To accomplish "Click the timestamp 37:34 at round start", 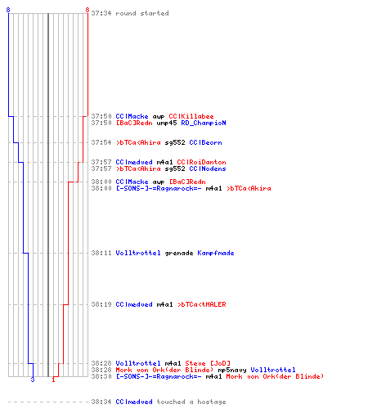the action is tap(101, 13).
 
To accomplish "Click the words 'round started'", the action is tap(142, 13).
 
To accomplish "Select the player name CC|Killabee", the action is tap(191, 116).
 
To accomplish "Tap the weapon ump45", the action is tap(167, 124).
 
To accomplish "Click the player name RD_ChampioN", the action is tap(204, 123).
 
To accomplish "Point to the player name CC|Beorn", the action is tap(205, 142).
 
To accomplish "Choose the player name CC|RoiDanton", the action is tap(201, 162).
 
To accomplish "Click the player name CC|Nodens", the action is tap(208, 169).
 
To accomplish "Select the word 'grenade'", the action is tap(179, 254).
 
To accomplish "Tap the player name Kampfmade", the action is tap(216, 253).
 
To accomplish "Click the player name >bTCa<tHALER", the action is tap(201, 304).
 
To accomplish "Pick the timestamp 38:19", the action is tap(101, 304).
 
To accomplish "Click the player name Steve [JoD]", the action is tap(208, 363).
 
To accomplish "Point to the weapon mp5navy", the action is tap(232, 370).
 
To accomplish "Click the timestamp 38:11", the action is tap(101, 253).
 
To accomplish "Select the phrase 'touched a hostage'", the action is tap(191, 402).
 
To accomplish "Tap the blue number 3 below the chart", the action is tap(33, 380).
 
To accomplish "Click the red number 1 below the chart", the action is tap(53, 380).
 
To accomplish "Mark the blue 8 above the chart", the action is tap(8, 10).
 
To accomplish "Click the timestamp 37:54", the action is tap(101, 142).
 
